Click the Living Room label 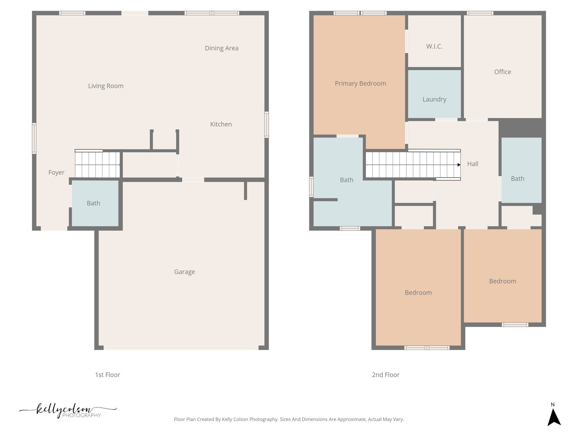point(106,86)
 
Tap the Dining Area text point(222,48)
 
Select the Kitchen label point(221,124)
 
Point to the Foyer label point(56,172)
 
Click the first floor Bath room point(93,203)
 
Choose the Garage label point(184,272)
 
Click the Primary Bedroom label point(360,84)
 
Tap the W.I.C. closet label point(434,47)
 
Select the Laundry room point(434,99)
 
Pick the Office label point(502,72)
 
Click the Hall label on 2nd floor point(472,164)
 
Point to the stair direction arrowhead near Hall point(459,165)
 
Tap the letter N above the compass point(553,404)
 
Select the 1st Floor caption point(107,375)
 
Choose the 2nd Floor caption point(385,375)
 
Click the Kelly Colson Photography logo point(68,411)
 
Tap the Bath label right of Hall point(517,179)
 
